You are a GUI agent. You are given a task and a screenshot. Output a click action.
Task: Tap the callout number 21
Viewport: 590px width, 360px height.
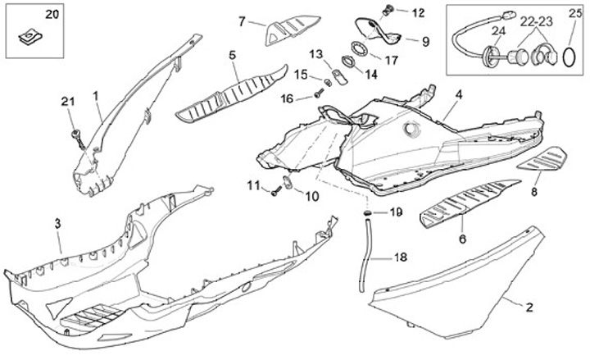67,102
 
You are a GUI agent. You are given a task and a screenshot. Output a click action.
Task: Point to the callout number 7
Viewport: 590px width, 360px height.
242,21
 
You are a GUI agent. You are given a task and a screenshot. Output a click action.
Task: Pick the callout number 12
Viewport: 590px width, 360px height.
419,13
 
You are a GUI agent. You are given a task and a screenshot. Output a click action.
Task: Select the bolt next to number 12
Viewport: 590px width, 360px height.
389,11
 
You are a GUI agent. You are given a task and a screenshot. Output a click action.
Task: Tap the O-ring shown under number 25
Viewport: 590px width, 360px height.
569,57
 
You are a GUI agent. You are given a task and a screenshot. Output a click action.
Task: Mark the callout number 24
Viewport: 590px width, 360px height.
497,32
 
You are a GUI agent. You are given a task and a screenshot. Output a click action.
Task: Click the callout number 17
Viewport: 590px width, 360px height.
391,60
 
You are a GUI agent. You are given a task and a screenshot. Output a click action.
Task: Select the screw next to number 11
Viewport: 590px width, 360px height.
274,193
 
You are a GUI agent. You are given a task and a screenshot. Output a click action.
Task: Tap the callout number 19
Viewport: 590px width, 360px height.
397,212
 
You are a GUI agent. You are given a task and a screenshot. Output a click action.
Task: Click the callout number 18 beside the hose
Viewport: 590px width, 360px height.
400,257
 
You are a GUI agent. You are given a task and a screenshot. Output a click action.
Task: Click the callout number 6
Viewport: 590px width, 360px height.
463,239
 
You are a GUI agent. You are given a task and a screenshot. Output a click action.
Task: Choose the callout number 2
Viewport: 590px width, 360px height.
529,308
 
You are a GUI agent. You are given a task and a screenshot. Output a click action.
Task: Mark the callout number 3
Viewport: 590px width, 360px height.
57,224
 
